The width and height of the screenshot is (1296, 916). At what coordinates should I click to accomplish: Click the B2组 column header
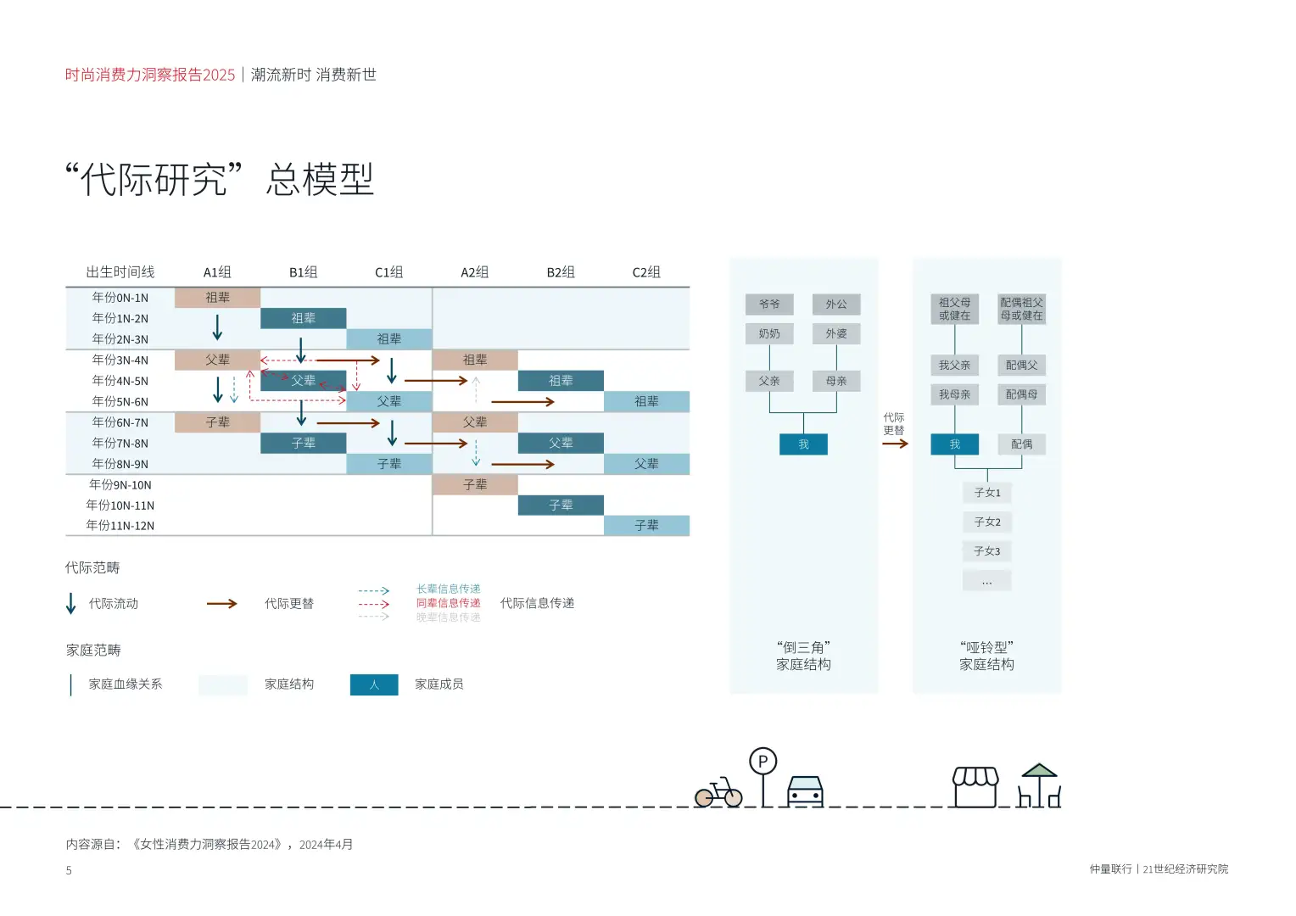click(x=561, y=272)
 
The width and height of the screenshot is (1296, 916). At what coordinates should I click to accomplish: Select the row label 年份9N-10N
click(x=120, y=485)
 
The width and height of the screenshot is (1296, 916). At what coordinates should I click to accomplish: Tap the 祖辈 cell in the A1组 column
click(x=217, y=298)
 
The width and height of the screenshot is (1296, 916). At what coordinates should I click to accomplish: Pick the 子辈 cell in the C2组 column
click(x=646, y=526)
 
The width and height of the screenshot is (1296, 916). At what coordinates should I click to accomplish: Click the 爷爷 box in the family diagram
click(x=769, y=304)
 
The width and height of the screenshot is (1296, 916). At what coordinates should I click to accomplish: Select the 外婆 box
click(x=836, y=334)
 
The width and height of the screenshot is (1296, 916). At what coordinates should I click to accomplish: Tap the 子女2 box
click(x=987, y=522)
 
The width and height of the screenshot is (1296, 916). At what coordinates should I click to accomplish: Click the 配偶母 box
click(x=1021, y=394)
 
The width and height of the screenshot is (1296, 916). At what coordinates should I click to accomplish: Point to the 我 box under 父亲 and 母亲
click(x=803, y=444)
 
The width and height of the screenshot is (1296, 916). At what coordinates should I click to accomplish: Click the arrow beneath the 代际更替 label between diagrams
click(x=895, y=444)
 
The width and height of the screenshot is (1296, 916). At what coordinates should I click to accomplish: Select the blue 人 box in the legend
click(x=374, y=684)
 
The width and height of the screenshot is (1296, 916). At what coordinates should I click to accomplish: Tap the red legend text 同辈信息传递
click(x=448, y=603)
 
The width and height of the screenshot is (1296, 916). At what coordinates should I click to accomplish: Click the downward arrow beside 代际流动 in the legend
click(x=71, y=603)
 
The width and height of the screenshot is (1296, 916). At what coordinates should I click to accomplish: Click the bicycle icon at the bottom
click(x=718, y=793)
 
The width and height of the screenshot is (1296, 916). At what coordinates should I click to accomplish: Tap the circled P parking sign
click(x=763, y=762)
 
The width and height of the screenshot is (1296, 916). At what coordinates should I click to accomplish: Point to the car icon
click(x=805, y=790)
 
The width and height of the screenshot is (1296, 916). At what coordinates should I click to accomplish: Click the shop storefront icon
click(x=975, y=787)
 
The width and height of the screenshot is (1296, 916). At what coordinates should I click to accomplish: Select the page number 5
click(x=69, y=870)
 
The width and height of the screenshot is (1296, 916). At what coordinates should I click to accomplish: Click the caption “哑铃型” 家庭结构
click(x=986, y=656)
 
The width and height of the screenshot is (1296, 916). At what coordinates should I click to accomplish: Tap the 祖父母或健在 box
click(x=954, y=309)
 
